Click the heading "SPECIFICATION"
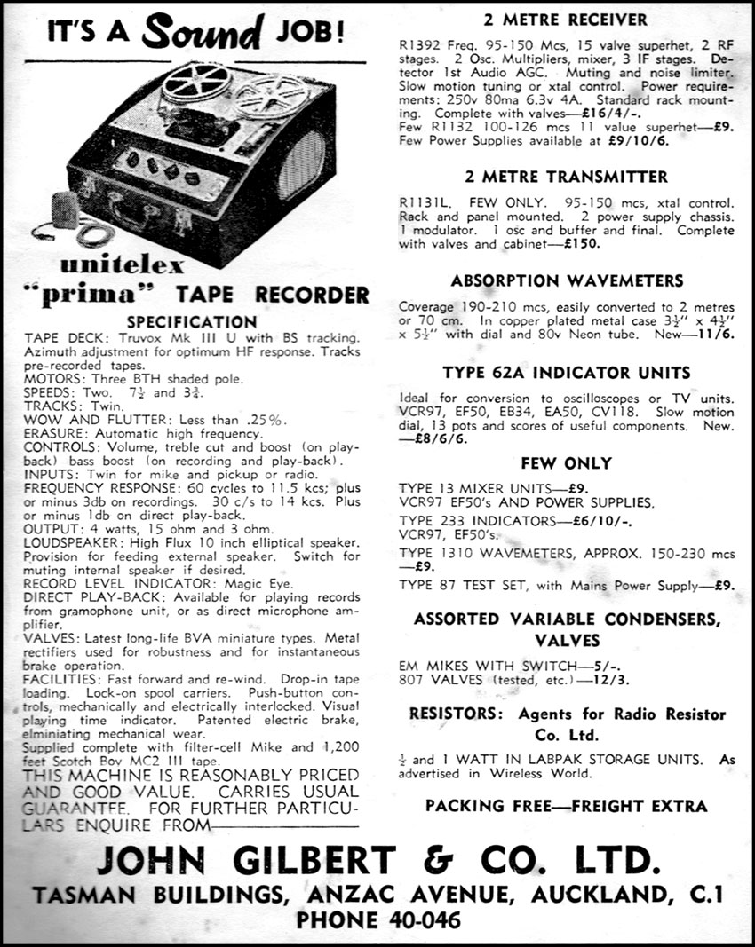tap(191, 322)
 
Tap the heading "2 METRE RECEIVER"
tap(565, 20)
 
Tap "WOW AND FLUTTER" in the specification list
tap(82, 418)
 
